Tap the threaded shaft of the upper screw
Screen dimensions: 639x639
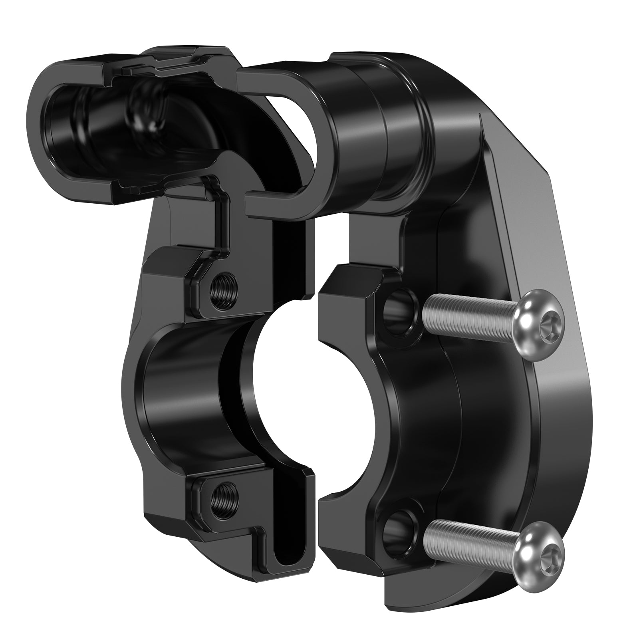(467, 312)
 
